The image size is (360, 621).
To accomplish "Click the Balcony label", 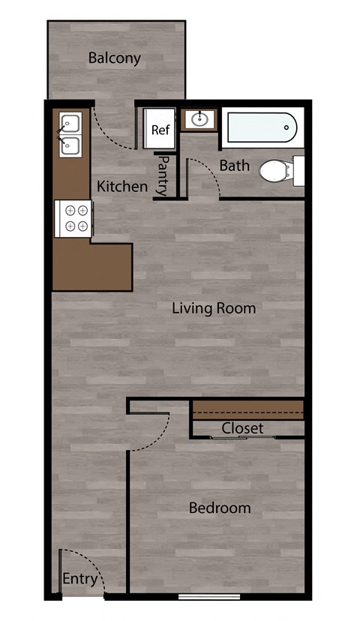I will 114,58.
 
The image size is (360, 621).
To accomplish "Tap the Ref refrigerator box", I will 160,129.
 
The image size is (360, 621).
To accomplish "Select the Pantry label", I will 162,175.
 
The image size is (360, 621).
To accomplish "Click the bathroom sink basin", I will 199,119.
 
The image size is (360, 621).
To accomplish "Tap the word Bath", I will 234,165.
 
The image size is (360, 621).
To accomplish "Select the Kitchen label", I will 122,186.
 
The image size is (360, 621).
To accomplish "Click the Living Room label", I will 214,308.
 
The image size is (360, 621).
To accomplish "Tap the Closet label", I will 242,428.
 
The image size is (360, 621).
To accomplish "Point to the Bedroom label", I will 220,508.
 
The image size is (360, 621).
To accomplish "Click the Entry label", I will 79,579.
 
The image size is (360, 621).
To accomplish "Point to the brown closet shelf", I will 248,407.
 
